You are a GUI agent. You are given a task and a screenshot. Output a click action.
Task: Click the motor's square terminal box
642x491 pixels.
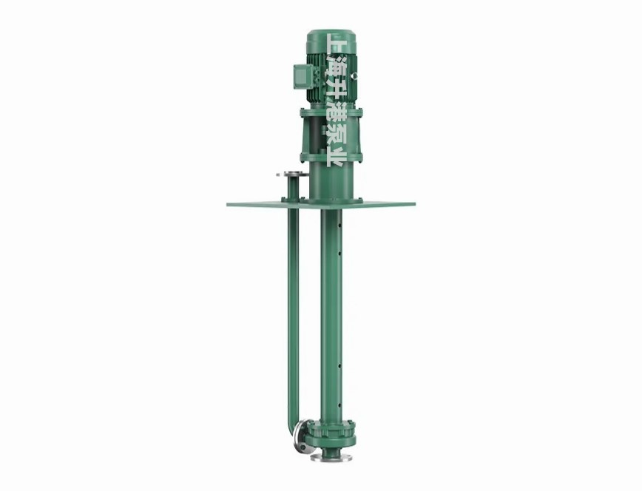tap(303, 77)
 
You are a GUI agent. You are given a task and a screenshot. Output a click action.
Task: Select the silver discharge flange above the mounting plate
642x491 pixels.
tap(292, 175)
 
